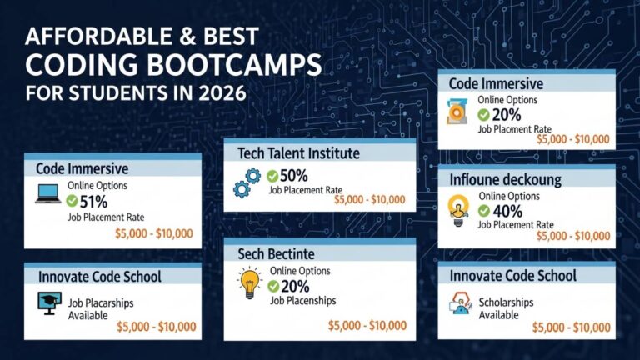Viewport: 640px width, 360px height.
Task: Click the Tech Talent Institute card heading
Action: pos(298,152)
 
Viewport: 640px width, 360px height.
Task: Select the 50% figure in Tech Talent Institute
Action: pos(294,175)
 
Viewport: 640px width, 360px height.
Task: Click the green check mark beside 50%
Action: pos(272,176)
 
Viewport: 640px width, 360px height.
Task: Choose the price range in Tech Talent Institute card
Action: pos(369,199)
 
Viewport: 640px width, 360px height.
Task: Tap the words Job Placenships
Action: pos(302,300)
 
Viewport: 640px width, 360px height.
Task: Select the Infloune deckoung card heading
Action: pos(505,179)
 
